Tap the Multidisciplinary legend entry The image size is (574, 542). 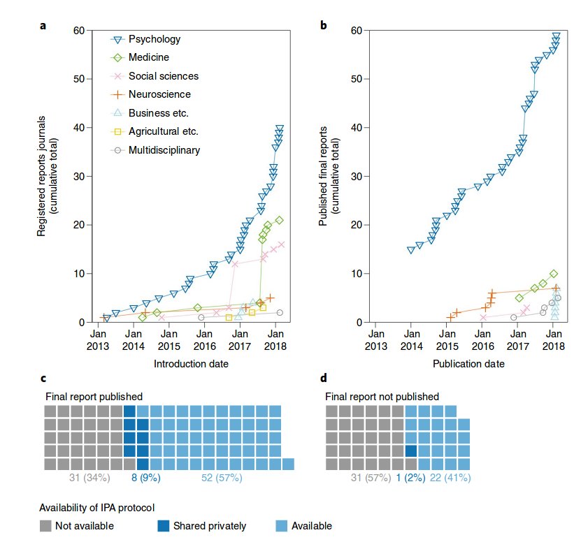click(164, 150)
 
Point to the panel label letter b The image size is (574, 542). click(323, 26)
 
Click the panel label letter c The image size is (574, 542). click(43, 379)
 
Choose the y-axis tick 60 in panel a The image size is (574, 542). click(77, 30)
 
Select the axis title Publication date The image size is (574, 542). click(468, 363)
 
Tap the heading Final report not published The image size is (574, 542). click(382, 396)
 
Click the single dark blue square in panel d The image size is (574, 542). click(411, 451)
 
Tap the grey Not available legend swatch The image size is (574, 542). click(47, 525)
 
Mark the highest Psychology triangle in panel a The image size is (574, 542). click(280, 129)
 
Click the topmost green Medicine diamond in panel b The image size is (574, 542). click(553, 273)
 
